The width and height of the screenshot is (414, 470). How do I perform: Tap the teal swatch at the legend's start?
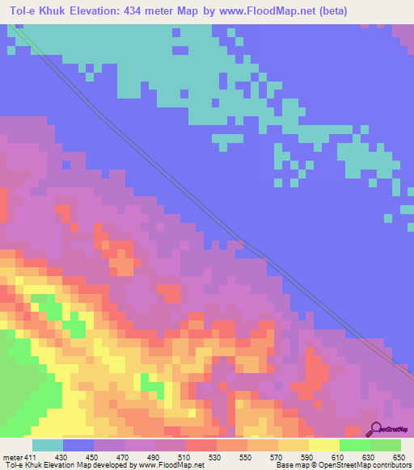47,446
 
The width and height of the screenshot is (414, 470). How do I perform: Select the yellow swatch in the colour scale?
323,446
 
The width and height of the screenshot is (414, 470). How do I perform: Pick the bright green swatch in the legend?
354,446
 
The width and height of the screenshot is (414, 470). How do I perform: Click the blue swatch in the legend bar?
78,446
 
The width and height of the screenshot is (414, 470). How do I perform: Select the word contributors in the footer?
391,464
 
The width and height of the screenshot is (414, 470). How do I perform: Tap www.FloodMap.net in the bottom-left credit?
170,464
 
